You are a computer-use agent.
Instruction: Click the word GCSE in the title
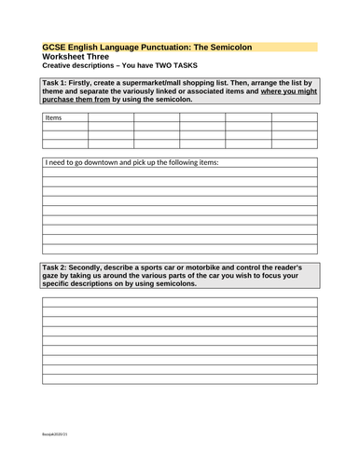tap(55, 47)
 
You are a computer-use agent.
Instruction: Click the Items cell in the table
tap(54, 118)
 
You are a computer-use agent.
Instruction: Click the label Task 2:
tap(57, 267)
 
